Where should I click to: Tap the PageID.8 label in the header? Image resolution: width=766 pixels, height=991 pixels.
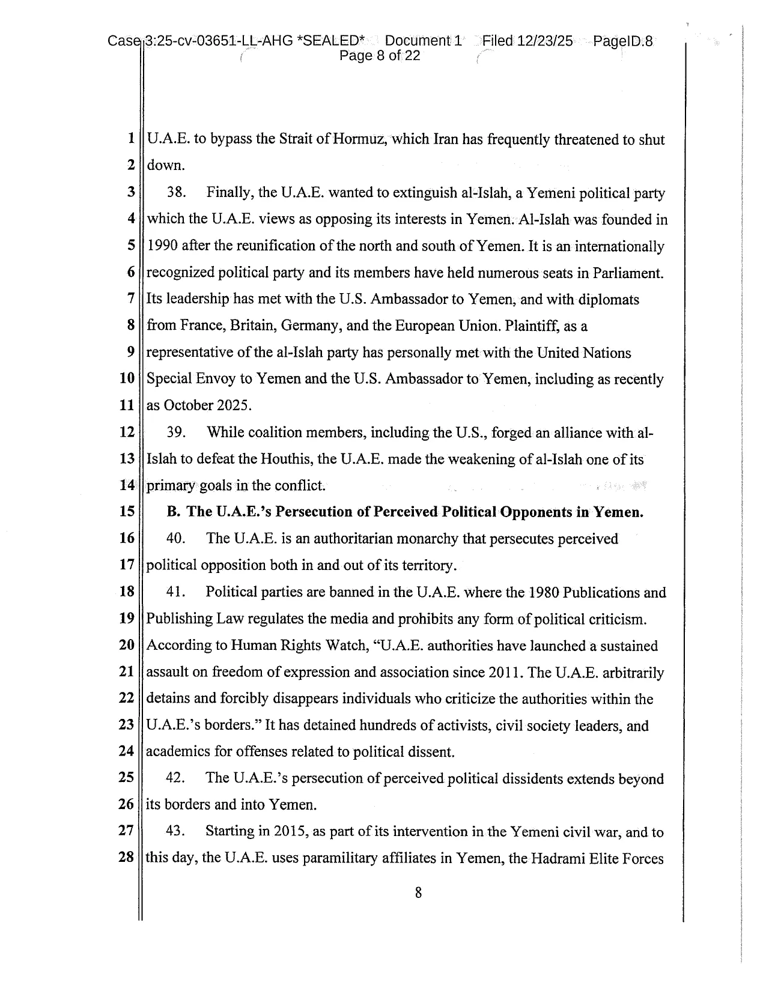623,41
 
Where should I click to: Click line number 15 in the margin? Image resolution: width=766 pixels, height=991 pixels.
127,512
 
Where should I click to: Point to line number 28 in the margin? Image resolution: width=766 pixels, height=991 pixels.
126,858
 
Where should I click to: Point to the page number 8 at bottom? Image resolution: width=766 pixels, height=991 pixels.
418,893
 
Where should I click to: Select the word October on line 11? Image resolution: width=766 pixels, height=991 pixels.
188,405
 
